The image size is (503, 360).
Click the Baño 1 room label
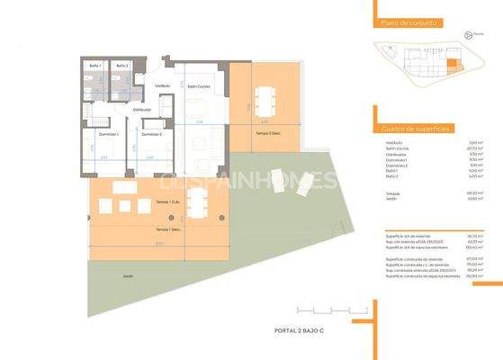[x=96, y=67]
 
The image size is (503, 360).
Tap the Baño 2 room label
[x=122, y=67]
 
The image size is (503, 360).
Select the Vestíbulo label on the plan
[x=163, y=86]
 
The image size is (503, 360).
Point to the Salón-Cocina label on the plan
[x=198, y=86]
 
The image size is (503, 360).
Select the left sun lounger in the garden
[x=278, y=184]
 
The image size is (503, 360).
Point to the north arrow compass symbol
[x=468, y=36]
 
